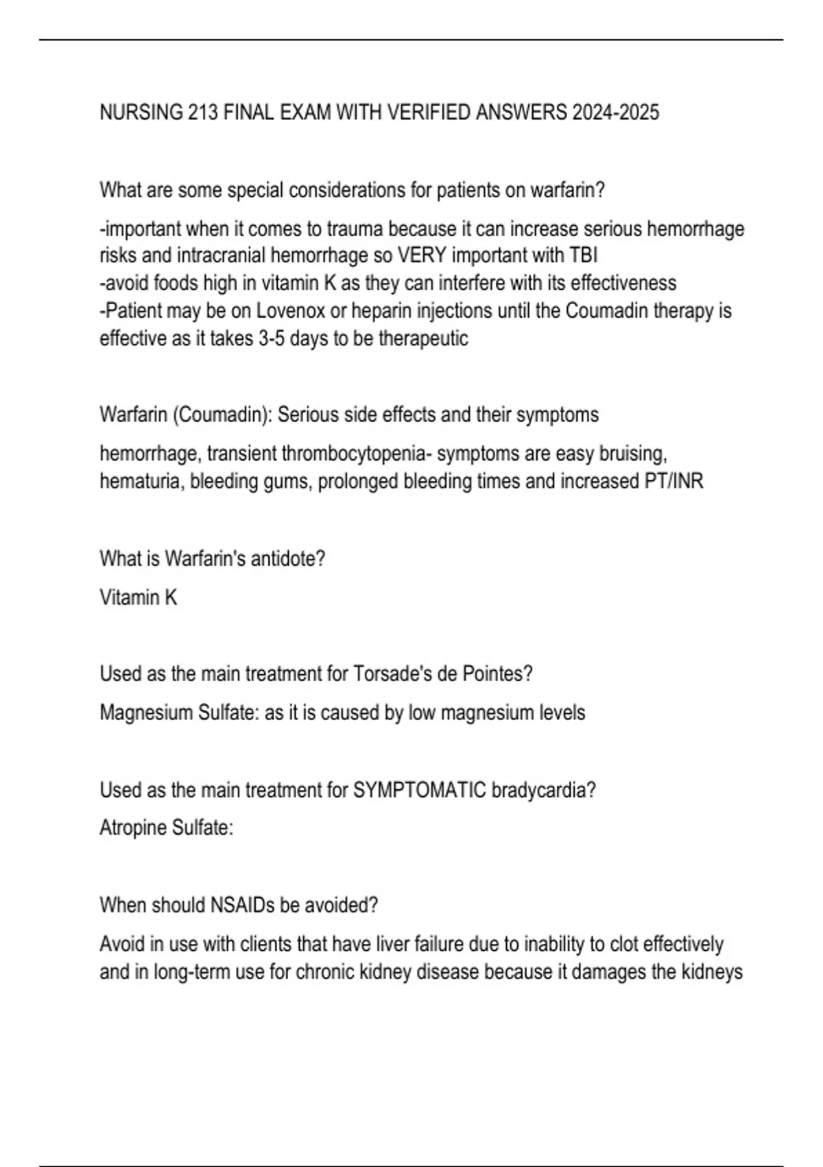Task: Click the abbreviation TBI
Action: [x=584, y=255]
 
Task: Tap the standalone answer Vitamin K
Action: [x=139, y=598]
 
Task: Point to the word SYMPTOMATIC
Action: [x=420, y=790]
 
